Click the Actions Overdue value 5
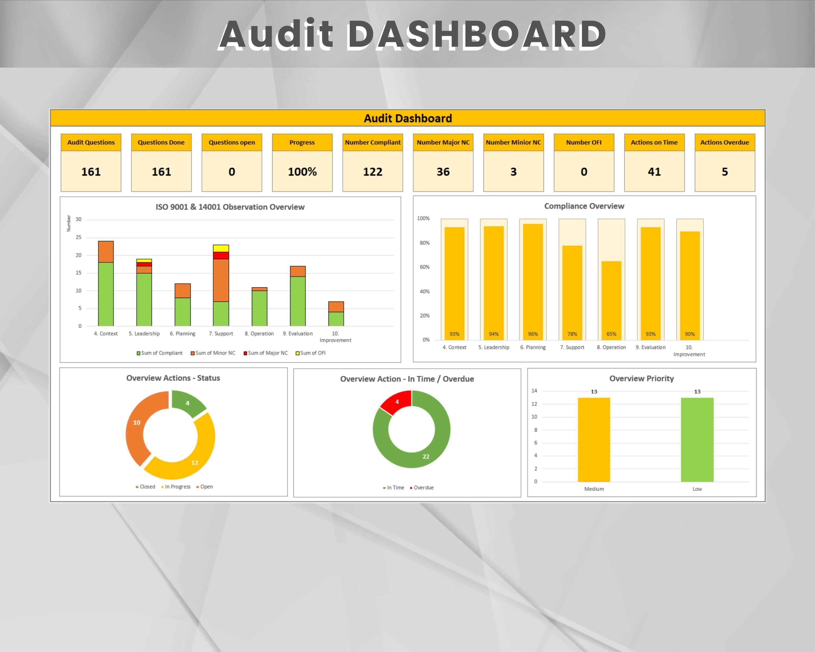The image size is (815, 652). tap(724, 172)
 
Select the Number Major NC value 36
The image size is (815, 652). tap(443, 172)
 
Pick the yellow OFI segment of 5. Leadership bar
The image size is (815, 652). tap(144, 261)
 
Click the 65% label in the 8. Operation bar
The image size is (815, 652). tap(611, 334)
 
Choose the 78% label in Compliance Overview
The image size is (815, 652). tap(572, 334)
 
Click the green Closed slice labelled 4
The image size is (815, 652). tap(187, 403)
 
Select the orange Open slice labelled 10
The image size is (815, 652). tap(137, 422)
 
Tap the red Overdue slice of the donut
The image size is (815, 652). tap(397, 402)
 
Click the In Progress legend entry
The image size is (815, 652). tap(176, 487)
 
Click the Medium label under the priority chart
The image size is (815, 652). tap(594, 489)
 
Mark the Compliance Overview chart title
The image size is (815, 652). tap(584, 206)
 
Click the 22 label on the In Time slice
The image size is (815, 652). tap(426, 457)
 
